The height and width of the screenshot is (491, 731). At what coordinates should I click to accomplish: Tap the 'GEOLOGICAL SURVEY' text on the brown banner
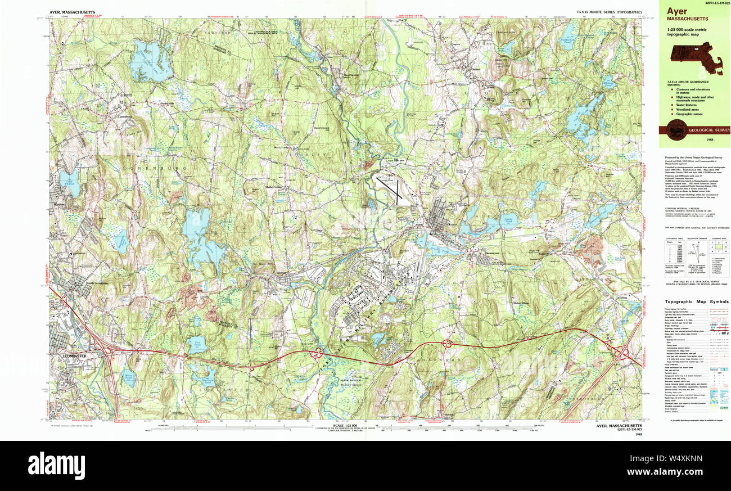coord(705,130)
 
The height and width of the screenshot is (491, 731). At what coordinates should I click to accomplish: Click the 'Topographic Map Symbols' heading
coord(695,301)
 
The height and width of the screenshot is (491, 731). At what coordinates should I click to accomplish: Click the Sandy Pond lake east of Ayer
coord(508,222)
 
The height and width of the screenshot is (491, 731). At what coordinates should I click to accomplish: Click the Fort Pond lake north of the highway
coord(197,344)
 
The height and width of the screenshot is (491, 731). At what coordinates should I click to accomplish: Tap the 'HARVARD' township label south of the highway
coord(450,359)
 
